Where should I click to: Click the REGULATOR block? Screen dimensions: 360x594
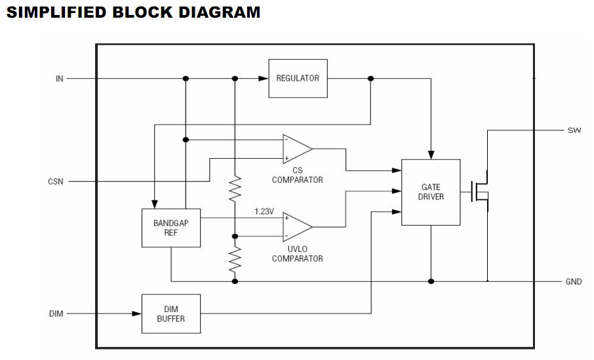(298, 78)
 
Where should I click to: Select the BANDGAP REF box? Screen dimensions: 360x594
(171, 228)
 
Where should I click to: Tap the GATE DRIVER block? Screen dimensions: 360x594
(431, 192)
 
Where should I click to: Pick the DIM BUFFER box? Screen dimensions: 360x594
(171, 313)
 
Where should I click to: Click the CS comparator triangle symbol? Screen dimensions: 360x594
(296, 149)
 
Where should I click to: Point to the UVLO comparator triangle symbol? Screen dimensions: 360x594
(296, 226)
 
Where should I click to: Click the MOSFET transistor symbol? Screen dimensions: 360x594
(481, 192)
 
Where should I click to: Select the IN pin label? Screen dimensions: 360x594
(59, 79)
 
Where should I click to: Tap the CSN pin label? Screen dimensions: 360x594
(56, 182)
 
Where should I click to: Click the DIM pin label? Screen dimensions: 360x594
(56, 314)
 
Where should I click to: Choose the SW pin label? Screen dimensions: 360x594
(574, 130)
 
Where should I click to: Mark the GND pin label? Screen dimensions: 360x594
(574, 282)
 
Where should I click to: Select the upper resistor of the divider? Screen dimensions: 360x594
(235, 189)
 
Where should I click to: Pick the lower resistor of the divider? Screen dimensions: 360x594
(235, 260)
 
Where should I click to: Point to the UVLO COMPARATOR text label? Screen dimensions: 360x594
(297, 254)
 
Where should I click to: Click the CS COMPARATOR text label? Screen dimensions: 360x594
(297, 175)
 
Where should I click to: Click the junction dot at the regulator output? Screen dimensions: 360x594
(370, 79)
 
